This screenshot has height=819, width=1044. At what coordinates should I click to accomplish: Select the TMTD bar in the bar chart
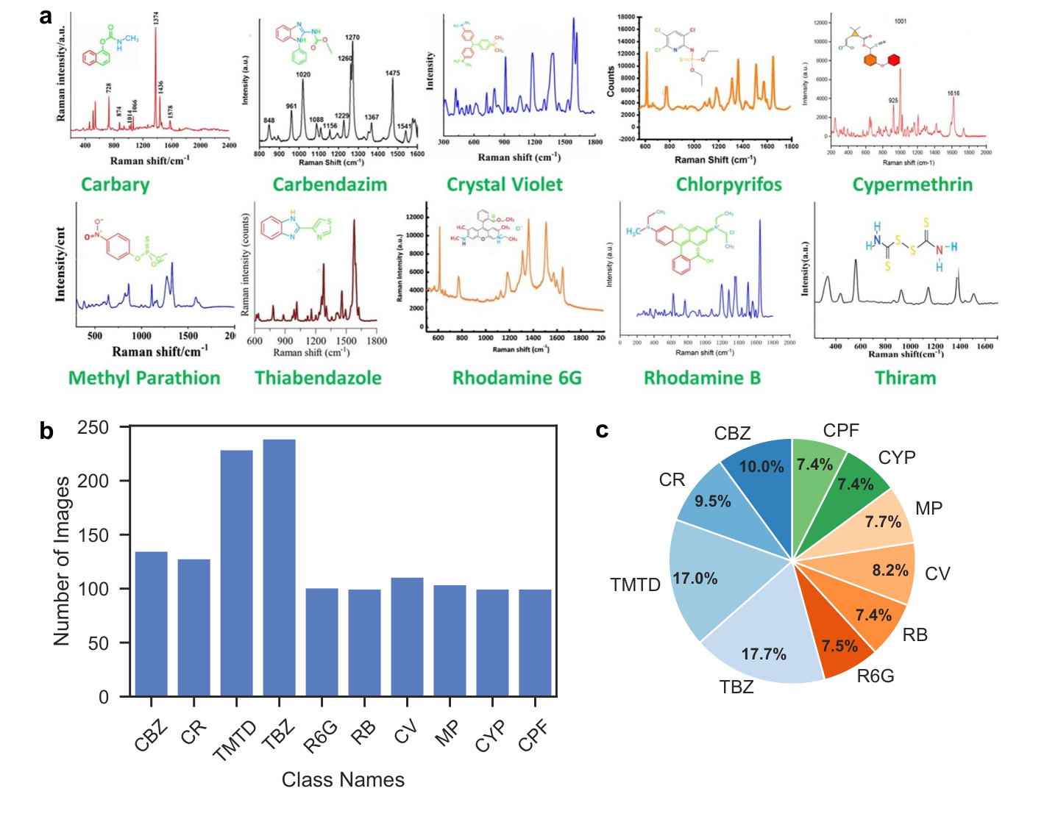(236, 573)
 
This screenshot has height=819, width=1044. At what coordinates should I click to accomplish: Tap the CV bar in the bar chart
(407, 637)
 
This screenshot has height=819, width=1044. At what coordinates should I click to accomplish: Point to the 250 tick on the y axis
(93, 427)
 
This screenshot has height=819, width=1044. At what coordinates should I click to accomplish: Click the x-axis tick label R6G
(322, 736)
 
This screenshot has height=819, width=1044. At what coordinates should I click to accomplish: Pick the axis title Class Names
(343, 780)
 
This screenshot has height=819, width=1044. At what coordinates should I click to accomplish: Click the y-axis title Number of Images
(62, 562)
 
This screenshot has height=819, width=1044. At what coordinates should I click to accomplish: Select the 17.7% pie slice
(761, 647)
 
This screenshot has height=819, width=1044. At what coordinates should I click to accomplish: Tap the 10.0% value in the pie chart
(761, 467)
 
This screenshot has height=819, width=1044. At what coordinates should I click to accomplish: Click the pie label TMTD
(635, 585)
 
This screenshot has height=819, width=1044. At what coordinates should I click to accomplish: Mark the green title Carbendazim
(330, 185)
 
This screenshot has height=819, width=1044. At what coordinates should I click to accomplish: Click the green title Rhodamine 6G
(516, 379)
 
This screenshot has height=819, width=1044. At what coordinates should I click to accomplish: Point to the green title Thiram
(905, 379)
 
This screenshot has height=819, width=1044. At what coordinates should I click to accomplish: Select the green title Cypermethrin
(912, 185)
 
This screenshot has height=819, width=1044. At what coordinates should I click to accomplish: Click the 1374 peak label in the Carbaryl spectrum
(156, 19)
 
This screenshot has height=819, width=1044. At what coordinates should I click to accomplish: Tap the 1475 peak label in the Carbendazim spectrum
(392, 73)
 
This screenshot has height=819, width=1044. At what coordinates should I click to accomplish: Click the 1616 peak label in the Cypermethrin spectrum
(953, 93)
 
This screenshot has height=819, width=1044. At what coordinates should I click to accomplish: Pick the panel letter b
(46, 432)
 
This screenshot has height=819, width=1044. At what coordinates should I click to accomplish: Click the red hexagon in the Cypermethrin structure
(894, 60)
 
